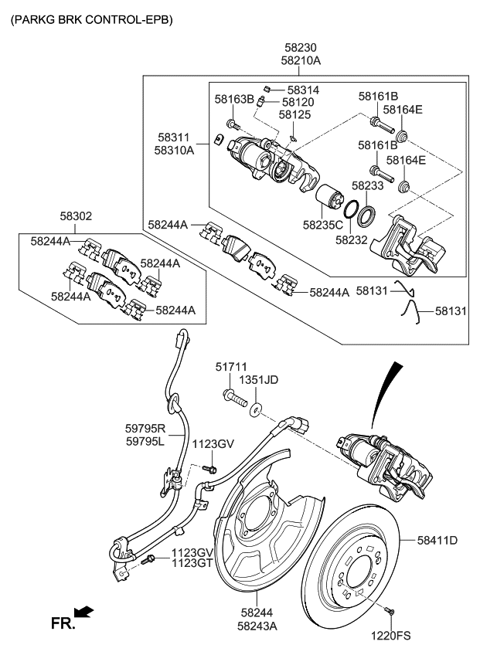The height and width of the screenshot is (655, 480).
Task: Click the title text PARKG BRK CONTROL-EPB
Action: click(90, 18)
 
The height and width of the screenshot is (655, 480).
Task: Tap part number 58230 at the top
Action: click(301, 47)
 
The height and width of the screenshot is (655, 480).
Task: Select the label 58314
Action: click(303, 90)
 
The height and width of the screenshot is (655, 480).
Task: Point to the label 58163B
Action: click(234, 100)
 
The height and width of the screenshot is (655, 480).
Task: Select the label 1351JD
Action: click(259, 381)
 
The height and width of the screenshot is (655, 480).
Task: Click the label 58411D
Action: click(437, 540)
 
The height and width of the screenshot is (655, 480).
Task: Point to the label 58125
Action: click(294, 115)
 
